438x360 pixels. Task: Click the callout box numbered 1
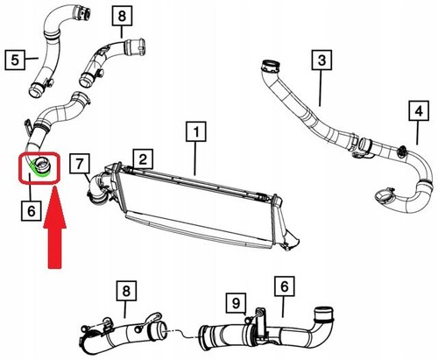coord(196,131)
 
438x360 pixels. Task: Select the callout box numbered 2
coord(143,159)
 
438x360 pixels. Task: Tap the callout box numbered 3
coord(321,60)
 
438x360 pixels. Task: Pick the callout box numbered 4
coord(419,111)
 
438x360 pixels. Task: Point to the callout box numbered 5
coord(15,60)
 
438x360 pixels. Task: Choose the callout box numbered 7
coord(80,164)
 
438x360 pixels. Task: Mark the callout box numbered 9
coord(236,303)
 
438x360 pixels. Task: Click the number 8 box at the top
coord(122,16)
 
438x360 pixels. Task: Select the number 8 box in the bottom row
coord(126,291)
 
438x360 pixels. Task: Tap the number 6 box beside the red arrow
coord(32,210)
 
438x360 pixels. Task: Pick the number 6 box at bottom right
coord(285,286)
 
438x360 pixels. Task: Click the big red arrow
coord(54,229)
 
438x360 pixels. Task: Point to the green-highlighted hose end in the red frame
coord(40,167)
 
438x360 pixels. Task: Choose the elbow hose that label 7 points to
coord(98,188)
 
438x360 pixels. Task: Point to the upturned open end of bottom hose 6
coord(323,314)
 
